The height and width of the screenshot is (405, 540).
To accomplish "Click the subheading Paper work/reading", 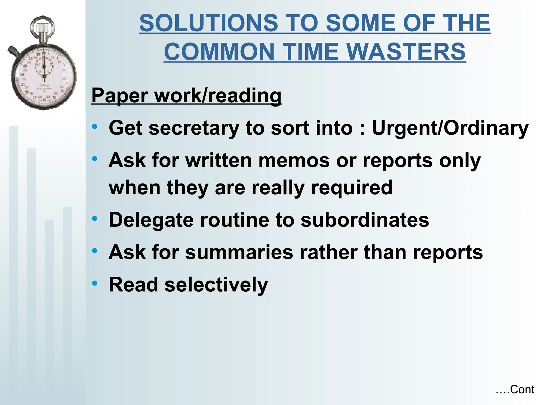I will pos(186,95).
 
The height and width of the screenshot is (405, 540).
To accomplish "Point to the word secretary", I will pos(194,128).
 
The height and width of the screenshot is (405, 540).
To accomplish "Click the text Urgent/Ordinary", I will pos(450,128).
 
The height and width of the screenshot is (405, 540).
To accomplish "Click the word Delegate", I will pos(151,220).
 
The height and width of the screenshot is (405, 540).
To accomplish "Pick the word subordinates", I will pos(365,220).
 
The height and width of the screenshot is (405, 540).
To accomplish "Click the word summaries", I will pos(239,252).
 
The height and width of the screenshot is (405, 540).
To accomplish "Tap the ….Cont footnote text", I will pos(515,390).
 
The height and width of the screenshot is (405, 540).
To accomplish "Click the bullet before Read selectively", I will pos(95,283).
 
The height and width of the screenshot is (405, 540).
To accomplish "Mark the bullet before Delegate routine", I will pos(95,219).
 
